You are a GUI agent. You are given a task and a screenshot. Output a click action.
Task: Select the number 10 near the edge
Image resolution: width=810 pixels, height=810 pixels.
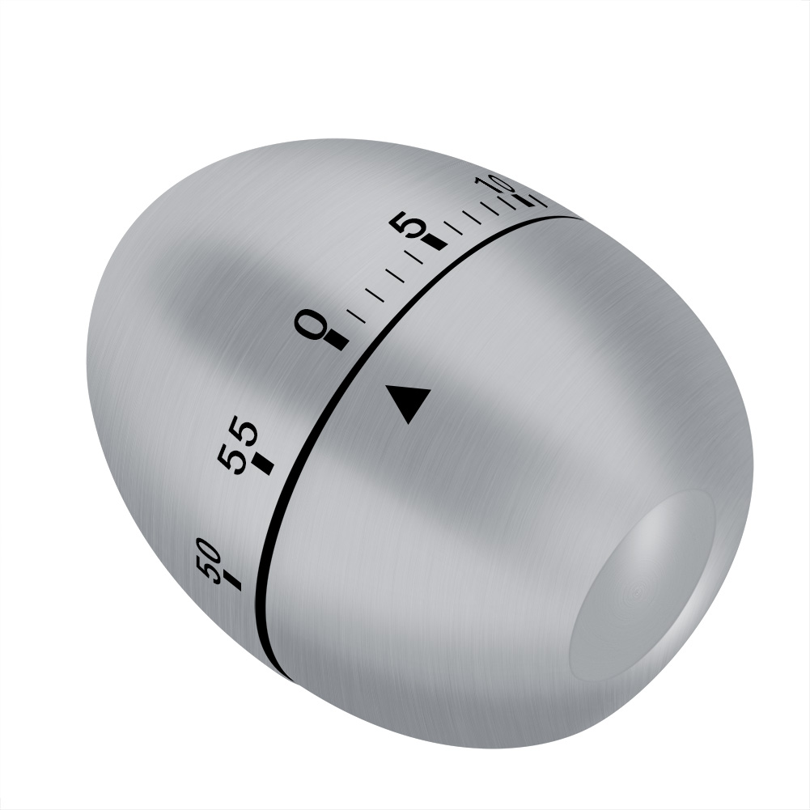(493, 185)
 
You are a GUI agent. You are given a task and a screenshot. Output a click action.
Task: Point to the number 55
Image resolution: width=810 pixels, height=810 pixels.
(237, 446)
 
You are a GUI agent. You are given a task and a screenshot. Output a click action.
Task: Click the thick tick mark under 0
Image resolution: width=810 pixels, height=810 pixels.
(336, 342)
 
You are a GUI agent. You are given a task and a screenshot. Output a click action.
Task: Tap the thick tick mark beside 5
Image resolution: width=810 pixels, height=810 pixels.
(434, 241)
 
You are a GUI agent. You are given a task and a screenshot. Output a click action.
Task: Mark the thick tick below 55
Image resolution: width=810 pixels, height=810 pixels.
(265, 464)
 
